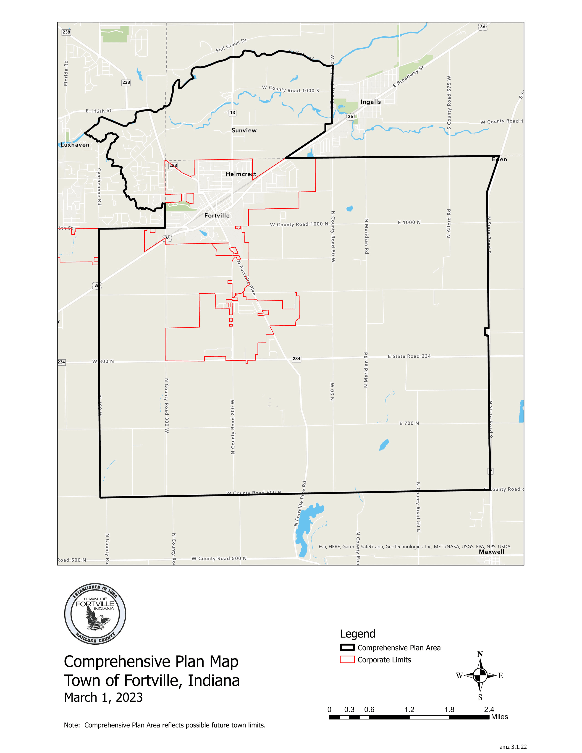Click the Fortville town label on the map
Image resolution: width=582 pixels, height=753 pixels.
coord(217,215)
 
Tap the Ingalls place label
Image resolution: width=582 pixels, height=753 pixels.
coord(371,102)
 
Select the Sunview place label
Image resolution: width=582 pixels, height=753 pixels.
coord(244,130)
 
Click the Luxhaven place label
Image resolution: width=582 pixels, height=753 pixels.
coord(75,145)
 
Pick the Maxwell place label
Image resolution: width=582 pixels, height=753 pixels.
coord(491,552)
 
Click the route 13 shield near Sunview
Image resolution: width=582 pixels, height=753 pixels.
coord(232,112)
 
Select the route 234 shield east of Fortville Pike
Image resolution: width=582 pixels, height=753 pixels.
coord(296,358)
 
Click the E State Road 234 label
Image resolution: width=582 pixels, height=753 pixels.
coord(409,356)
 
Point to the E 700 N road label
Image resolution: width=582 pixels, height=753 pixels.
coord(409,423)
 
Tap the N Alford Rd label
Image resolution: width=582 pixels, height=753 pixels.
coord(448,223)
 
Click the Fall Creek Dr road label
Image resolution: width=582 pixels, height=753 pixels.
coord(231,45)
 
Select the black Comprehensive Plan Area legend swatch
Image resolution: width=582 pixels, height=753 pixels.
coord(347,648)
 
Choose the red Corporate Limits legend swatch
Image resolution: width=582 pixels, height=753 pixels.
coord(347,660)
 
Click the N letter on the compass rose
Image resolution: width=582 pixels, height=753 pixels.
coord(480,654)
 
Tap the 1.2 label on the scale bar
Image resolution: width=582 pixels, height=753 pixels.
coord(409,710)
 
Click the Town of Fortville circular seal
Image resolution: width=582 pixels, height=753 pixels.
coord(95,614)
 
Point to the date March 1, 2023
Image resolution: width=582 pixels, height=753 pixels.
coord(103,697)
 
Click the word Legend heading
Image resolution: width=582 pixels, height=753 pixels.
coord(358,634)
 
